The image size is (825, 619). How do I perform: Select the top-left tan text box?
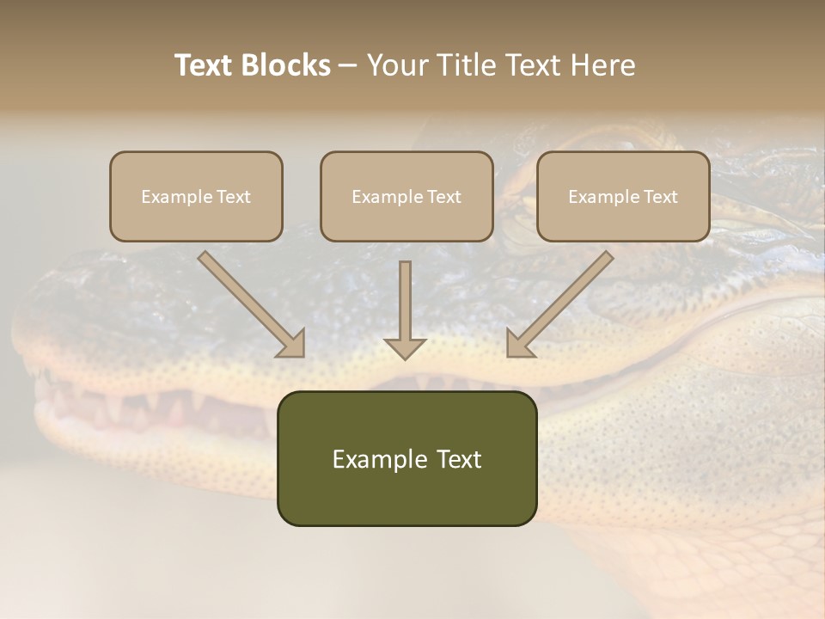point(196,196)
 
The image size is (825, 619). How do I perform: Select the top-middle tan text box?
point(406,196)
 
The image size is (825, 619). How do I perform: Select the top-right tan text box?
point(623,196)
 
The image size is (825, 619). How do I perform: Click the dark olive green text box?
point(406,458)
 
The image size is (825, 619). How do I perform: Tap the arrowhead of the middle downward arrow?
point(405,347)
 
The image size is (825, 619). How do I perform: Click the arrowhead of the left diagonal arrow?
point(291,343)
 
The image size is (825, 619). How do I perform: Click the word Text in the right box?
point(661,197)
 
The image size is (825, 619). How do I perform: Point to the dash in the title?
point(349,65)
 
